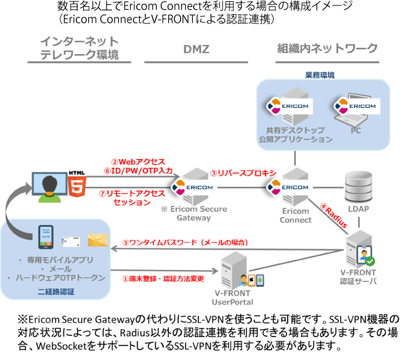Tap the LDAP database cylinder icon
pyautogui.click(x=359, y=186)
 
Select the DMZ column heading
pyautogui.click(x=197, y=49)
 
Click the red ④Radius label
pyautogui.click(x=334, y=216)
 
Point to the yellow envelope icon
pyautogui.click(x=98, y=240)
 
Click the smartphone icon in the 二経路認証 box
pyautogui.click(x=46, y=237)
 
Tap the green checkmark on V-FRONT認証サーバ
pyautogui.click(x=370, y=261)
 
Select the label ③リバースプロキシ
pyautogui.click(x=243, y=173)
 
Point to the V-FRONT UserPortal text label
pyautogui.click(x=232, y=298)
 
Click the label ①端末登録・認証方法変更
pyautogui.click(x=163, y=279)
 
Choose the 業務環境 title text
pyautogui.click(x=320, y=75)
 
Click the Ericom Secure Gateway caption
pyautogui.click(x=194, y=213)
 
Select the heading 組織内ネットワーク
pyautogui.click(x=327, y=49)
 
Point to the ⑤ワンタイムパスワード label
pyautogui.click(x=185, y=242)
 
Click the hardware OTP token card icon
pyautogui.click(x=71, y=242)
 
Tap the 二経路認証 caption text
pyautogui.click(x=56, y=292)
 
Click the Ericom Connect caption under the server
pyautogui.click(x=296, y=216)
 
